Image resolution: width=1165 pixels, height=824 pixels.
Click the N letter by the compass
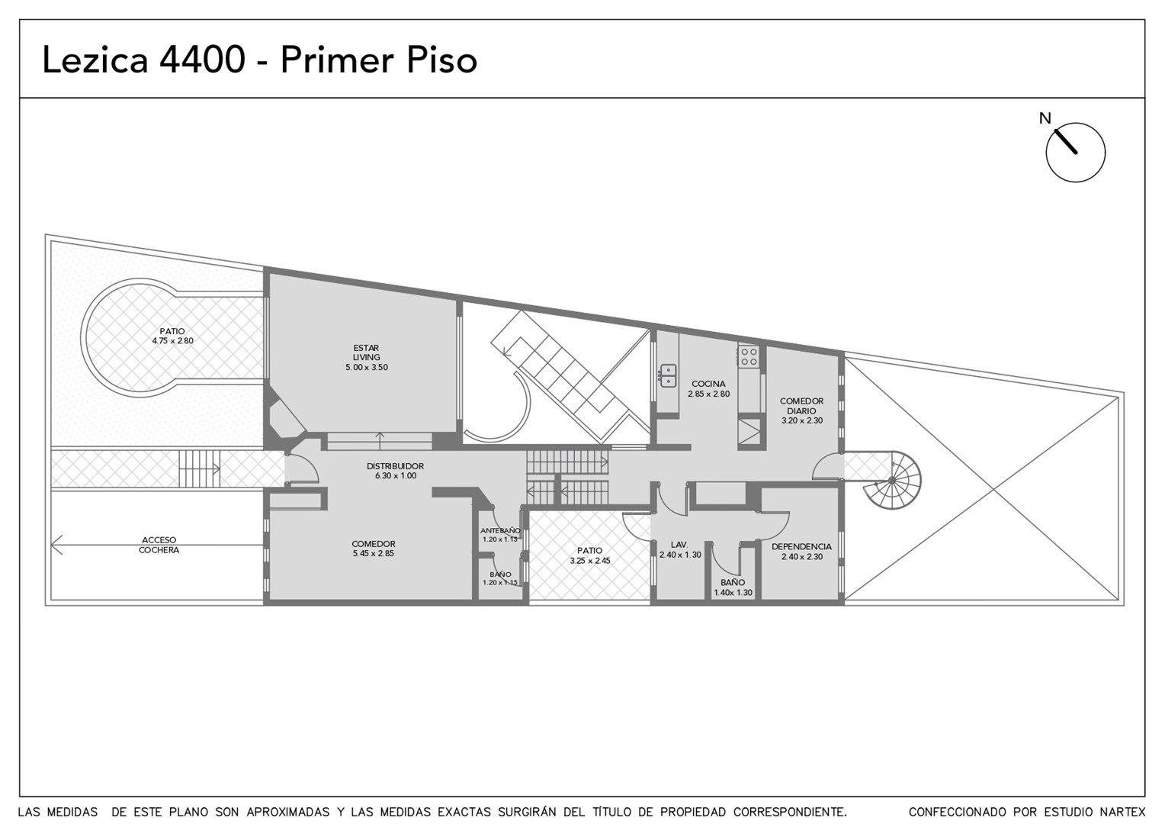(1045, 119)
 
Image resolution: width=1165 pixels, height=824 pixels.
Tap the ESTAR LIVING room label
(366, 352)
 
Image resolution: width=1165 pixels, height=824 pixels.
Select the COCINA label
(708, 384)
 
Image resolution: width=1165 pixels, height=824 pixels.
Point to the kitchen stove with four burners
(749, 356)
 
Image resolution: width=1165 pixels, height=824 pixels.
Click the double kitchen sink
(668, 376)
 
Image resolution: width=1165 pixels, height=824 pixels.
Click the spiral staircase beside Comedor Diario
(892, 480)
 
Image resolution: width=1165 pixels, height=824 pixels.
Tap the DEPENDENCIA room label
(801, 546)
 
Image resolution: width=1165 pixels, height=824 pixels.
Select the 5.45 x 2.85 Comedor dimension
(374, 553)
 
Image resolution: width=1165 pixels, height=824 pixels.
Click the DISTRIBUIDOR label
(395, 466)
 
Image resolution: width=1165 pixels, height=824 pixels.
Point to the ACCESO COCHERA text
(159, 545)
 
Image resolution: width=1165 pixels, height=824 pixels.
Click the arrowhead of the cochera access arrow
(56, 545)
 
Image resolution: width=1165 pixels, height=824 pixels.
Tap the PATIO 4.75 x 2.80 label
(172, 336)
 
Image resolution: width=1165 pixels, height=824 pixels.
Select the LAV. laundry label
(679, 545)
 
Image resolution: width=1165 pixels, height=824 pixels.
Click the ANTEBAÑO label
(500, 530)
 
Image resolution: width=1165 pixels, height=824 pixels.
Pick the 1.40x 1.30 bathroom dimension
(733, 592)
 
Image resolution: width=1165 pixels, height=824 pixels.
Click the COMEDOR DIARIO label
(801, 406)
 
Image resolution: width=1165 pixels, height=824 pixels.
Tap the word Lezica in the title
(95, 60)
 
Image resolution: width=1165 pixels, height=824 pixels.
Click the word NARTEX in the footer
(1124, 812)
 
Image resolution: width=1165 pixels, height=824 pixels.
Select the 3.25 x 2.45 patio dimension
(590, 561)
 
